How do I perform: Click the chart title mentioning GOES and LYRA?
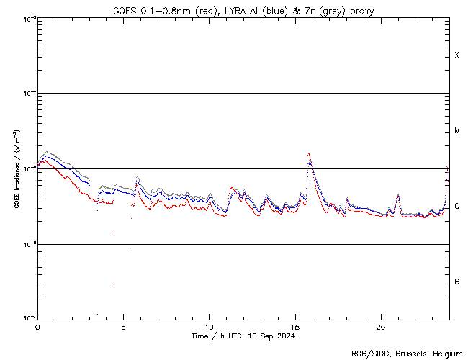(243, 11)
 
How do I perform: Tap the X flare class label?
(456, 55)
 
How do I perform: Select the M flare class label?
(457, 131)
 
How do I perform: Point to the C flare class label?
(457, 207)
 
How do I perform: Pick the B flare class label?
(457, 282)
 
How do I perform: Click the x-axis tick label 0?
(37, 326)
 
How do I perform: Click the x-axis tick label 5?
(123, 326)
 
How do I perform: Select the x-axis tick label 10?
(209, 326)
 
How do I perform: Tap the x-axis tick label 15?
(295, 326)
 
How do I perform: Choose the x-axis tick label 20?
(381, 326)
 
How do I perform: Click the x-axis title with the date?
(243, 336)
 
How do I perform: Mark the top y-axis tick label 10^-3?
(29, 19)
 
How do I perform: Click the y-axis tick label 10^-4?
(29, 94)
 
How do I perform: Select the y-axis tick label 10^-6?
(29, 244)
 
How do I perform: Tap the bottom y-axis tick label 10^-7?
(29, 318)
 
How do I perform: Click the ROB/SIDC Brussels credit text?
(408, 353)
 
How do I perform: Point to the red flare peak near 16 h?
(309, 153)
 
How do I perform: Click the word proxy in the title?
(360, 11)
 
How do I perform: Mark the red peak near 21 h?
(398, 195)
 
